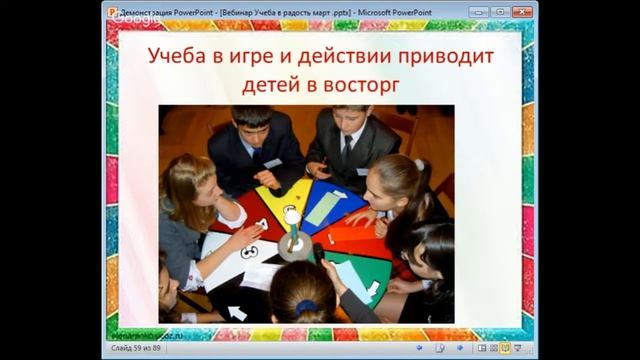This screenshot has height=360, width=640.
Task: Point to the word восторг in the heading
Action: coord(356,85)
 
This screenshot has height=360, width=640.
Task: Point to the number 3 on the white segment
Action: coord(247,252)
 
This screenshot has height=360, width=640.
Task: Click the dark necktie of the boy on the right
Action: coord(347,150)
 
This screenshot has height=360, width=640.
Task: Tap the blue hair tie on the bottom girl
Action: coord(304,307)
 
